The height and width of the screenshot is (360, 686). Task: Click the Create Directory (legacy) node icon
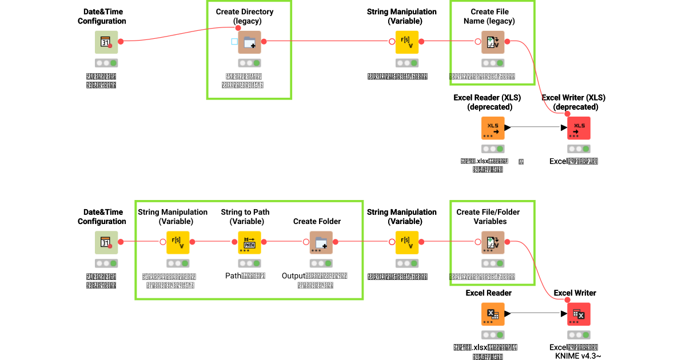point(249,42)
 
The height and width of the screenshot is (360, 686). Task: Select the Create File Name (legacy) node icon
point(493,42)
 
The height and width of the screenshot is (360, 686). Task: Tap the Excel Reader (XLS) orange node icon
point(493,128)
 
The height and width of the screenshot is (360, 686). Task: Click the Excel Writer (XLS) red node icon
point(579,128)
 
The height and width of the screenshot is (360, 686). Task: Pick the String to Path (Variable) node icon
point(249,242)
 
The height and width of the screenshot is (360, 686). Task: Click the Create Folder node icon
point(321,242)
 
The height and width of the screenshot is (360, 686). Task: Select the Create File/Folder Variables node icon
point(493,242)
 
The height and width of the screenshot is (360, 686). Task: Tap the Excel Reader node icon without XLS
point(493,314)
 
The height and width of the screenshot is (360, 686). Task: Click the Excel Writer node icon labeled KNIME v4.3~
point(579,314)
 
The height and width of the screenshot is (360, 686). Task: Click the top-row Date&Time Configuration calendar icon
point(106,42)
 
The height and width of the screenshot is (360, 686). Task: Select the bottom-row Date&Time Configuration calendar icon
point(106,242)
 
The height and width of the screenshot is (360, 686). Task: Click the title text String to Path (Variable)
point(245,217)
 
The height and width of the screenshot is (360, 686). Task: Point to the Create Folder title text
point(317,221)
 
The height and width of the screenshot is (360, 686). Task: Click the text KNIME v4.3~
point(578,356)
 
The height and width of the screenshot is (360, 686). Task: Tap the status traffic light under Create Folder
point(321,263)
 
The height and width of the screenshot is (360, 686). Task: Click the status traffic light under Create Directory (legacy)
point(249,63)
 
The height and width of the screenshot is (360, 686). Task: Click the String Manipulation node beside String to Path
point(178,242)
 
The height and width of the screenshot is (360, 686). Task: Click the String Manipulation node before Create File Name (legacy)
point(407,42)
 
